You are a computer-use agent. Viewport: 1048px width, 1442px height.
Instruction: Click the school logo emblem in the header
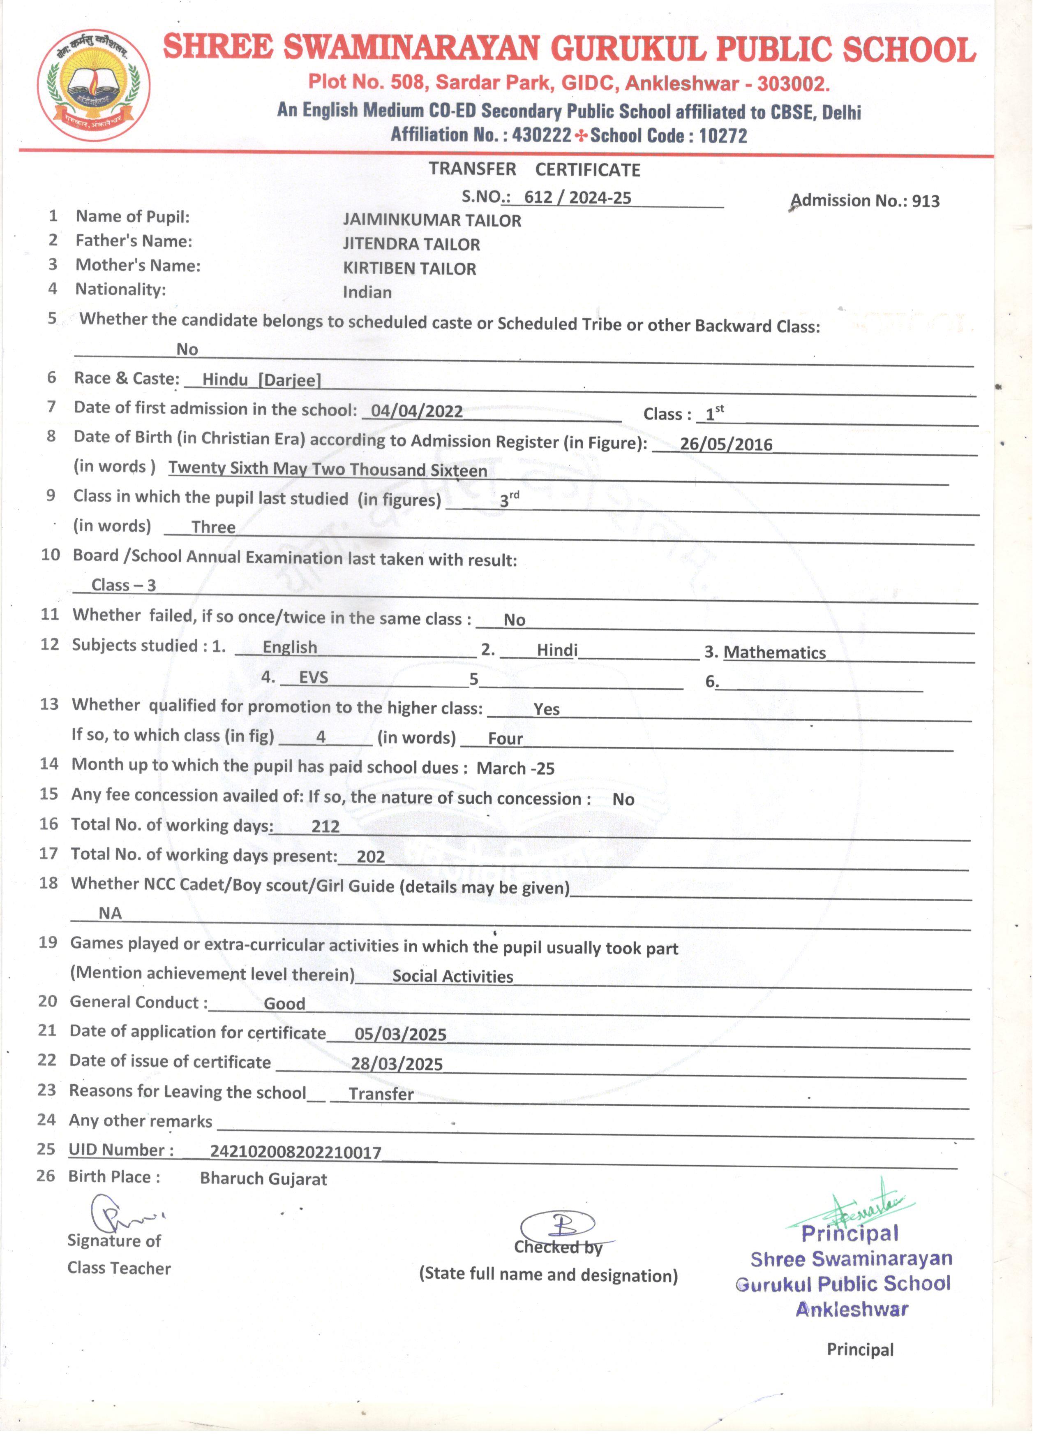point(94,85)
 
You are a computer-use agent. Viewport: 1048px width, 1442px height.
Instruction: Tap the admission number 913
point(926,201)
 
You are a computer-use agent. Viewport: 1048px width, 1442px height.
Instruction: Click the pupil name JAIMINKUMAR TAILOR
point(432,221)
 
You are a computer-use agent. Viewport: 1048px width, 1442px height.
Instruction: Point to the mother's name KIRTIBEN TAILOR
point(409,268)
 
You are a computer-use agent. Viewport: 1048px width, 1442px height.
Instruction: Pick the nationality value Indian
point(367,292)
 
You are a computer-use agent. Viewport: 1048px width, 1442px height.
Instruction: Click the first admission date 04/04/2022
point(417,411)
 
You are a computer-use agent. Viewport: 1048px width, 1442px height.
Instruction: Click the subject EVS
point(313,677)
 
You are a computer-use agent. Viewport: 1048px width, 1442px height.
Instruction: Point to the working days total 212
point(325,826)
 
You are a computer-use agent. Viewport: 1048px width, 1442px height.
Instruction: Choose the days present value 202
point(371,856)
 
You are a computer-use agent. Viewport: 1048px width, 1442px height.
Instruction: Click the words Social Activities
point(452,976)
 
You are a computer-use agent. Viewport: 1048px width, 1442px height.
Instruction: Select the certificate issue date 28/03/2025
point(397,1064)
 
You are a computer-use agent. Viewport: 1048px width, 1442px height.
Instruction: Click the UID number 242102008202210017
point(295,1152)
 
